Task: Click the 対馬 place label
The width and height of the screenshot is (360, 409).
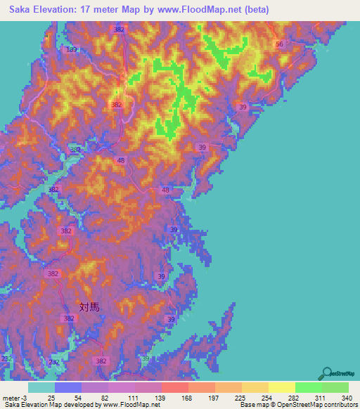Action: tap(89, 306)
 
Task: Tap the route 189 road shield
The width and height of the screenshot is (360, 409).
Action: tap(72, 50)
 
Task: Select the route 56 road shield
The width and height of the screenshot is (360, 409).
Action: tap(279, 44)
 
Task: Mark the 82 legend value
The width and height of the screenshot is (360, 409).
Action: tap(105, 397)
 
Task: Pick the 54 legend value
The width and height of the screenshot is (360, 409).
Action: tap(78, 397)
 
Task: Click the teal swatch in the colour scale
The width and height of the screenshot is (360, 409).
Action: tap(41, 387)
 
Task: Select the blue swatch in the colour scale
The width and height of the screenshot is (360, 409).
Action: tap(68, 387)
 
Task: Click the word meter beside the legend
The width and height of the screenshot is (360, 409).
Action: tap(10, 397)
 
